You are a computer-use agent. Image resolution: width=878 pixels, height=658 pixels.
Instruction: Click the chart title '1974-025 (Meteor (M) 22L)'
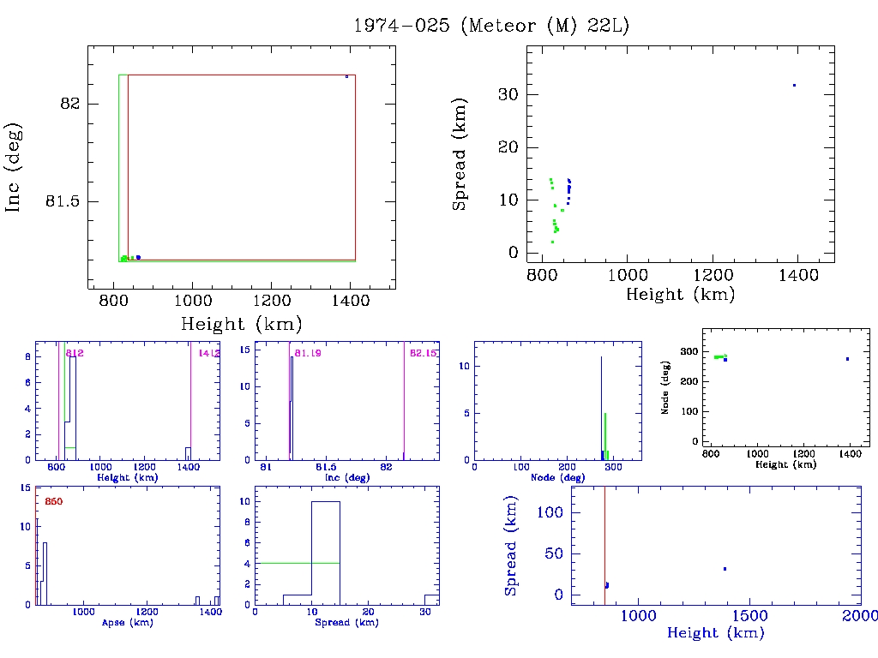click(x=491, y=26)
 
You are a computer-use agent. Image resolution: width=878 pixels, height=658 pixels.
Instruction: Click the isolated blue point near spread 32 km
click(x=794, y=85)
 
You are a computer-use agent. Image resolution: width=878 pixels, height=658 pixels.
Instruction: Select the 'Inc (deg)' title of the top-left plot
click(x=14, y=167)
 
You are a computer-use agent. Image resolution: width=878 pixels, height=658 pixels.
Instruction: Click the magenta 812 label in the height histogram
click(x=75, y=353)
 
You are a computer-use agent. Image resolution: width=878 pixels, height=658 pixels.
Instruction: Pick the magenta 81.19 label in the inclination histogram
click(x=306, y=353)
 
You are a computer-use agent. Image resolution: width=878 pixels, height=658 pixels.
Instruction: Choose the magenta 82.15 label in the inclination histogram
click(x=424, y=353)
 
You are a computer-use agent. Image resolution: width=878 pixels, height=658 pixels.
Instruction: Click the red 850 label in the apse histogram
click(x=53, y=501)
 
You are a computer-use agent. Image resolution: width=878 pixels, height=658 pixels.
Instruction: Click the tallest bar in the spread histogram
click(x=326, y=553)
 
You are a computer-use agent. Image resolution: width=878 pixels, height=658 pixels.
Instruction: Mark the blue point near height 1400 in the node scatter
click(x=847, y=359)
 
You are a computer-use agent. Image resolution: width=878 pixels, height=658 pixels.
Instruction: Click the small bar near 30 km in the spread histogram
click(x=431, y=599)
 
